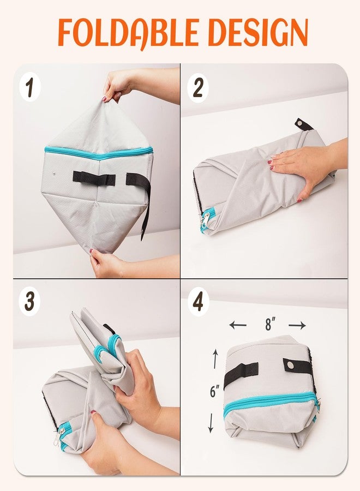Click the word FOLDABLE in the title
pyautogui.click(x=128, y=33)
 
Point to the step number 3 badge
pyautogui.click(x=30, y=302)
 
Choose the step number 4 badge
pyautogui.click(x=198, y=302)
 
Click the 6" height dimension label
pyautogui.click(x=214, y=391)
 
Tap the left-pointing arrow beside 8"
pyautogui.click(x=238, y=325)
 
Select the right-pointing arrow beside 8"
pyautogui.click(x=297, y=326)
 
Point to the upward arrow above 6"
pyautogui.click(x=215, y=359)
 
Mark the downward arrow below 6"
pyautogui.click(x=211, y=423)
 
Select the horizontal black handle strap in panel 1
pyautogui.click(x=94, y=177)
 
